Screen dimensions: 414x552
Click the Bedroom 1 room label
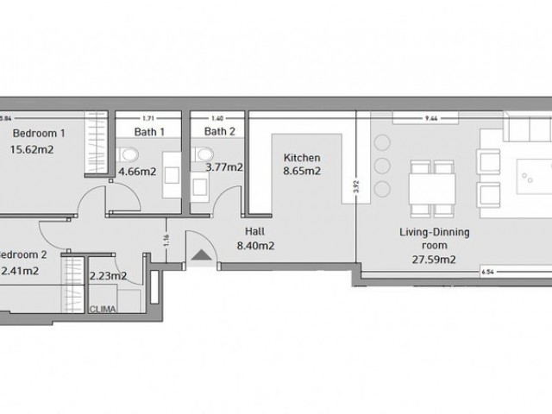[x=39, y=134]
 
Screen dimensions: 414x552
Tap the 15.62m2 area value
[x=39, y=149]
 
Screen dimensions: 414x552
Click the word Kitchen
[x=303, y=158]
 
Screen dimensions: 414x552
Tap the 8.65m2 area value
[x=303, y=172]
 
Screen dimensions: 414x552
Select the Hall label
[x=254, y=232]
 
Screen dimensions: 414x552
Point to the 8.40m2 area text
[x=255, y=246]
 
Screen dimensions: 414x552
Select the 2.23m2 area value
[x=108, y=276]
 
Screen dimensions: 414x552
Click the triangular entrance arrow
[x=201, y=254]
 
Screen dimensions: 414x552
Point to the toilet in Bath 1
[x=128, y=155]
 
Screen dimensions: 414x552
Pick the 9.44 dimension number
[x=426, y=117]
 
